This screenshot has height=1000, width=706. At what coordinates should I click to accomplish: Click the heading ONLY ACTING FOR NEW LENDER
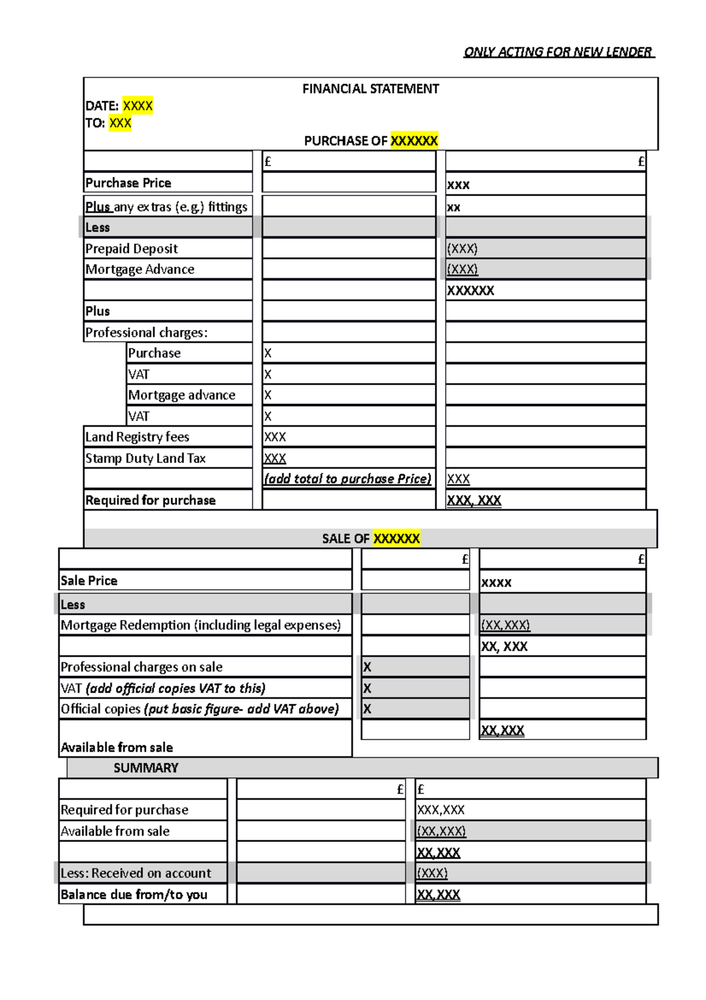tap(558, 52)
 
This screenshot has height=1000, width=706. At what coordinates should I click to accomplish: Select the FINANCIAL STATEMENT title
tap(371, 89)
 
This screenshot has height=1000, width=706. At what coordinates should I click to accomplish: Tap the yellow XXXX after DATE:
tap(138, 106)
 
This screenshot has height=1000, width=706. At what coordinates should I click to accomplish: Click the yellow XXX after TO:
tap(120, 123)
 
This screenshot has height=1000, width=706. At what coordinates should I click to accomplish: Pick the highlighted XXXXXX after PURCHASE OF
tap(414, 141)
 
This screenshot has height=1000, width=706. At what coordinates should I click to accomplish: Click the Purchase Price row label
tap(128, 183)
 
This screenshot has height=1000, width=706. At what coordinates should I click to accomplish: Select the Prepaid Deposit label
tap(131, 249)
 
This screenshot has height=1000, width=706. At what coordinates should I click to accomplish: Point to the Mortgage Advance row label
tap(139, 269)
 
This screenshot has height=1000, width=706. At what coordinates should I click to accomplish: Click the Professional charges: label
tap(146, 332)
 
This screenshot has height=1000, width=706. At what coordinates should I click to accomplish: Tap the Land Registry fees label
tap(137, 437)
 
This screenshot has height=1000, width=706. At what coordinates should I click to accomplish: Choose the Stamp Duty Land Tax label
tap(145, 458)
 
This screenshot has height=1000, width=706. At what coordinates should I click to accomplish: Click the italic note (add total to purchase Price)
tap(347, 479)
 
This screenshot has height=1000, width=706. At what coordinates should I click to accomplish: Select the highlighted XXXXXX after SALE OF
tap(397, 538)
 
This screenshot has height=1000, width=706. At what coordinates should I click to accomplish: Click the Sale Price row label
tap(89, 581)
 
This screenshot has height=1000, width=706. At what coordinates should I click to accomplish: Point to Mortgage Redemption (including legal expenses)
tap(201, 625)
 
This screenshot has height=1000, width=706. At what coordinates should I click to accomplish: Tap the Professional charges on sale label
tap(141, 667)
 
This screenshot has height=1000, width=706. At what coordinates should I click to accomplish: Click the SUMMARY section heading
tap(145, 768)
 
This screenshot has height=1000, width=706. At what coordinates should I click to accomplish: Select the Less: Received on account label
tap(135, 873)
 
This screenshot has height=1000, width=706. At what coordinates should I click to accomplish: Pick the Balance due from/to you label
tap(134, 895)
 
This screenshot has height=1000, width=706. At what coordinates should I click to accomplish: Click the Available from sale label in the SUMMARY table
tap(115, 831)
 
